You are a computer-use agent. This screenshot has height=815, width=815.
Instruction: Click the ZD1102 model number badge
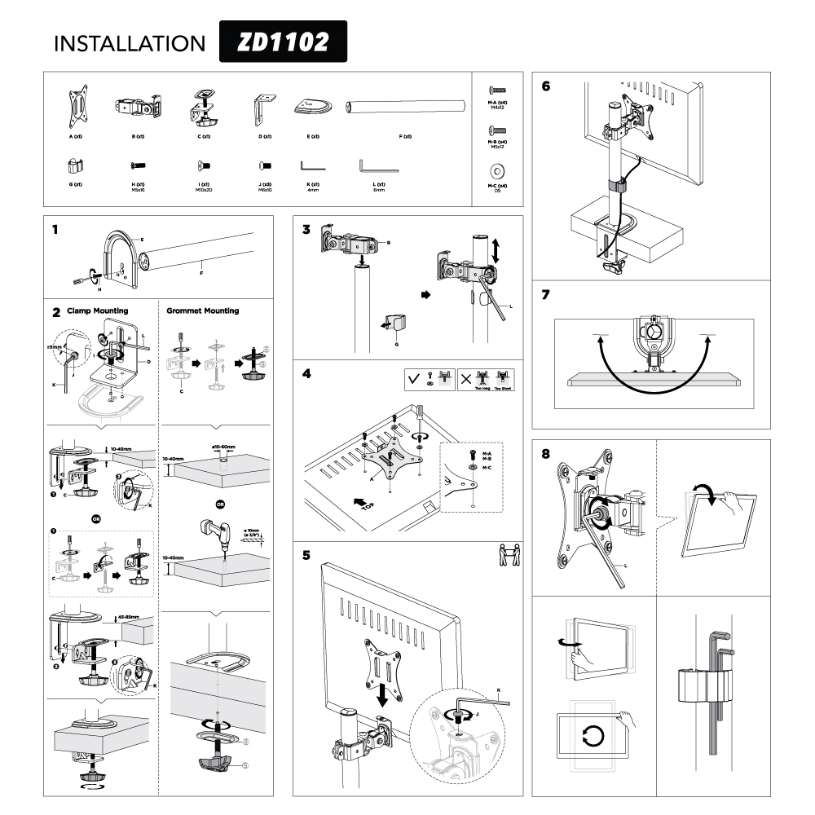(283, 42)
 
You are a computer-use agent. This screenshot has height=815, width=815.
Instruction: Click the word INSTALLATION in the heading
(130, 43)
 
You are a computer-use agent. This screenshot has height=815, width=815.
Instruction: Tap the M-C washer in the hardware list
(497, 172)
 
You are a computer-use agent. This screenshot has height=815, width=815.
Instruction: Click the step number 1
(55, 229)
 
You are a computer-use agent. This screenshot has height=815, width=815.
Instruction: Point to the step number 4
(306, 375)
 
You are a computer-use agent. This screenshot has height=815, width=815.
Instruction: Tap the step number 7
(545, 295)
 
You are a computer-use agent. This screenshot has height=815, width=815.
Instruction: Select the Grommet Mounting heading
(202, 311)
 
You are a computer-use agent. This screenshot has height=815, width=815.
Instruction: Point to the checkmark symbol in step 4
(415, 380)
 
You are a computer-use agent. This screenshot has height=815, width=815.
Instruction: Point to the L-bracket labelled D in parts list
(262, 107)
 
